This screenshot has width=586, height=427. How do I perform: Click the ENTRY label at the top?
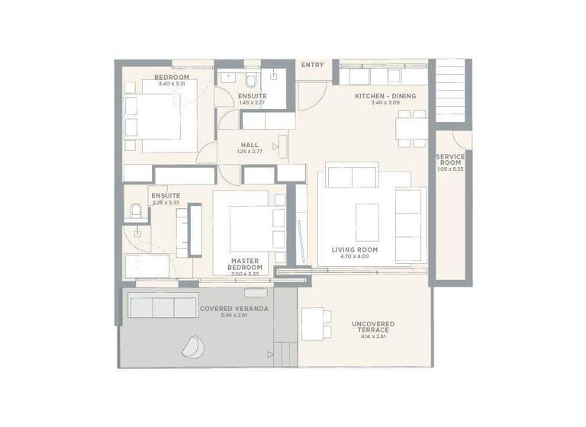tap(312, 65)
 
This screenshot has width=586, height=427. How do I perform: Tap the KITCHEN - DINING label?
tap(385, 96)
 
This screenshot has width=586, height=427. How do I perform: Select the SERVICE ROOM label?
tap(450, 160)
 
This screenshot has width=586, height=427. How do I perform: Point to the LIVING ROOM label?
tap(355, 249)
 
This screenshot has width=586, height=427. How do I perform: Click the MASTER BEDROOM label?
tap(246, 264)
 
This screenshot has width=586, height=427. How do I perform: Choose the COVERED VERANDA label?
tap(223, 309)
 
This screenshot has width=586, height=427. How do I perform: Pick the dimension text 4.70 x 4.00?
tap(355, 257)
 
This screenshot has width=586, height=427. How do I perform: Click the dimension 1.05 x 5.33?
tap(450, 169)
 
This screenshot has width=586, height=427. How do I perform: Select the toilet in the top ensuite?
tap(253, 82)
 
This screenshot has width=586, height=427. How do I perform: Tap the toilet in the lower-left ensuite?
tap(137, 211)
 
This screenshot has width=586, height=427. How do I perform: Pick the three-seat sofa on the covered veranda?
tap(163, 307)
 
